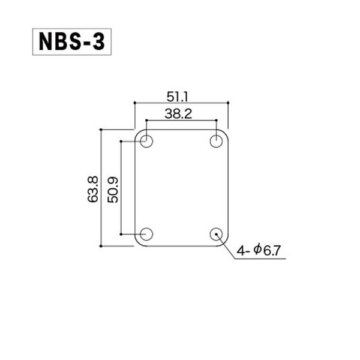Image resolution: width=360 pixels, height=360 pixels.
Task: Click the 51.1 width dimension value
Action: tap(181, 95)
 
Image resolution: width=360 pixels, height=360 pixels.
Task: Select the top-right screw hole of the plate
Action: tap(216, 142)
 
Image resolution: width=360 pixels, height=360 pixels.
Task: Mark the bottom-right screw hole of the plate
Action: tap(216, 234)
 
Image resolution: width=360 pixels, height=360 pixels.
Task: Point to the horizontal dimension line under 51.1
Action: tap(181, 103)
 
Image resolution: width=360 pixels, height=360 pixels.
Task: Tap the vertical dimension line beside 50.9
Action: tap(122, 187)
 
